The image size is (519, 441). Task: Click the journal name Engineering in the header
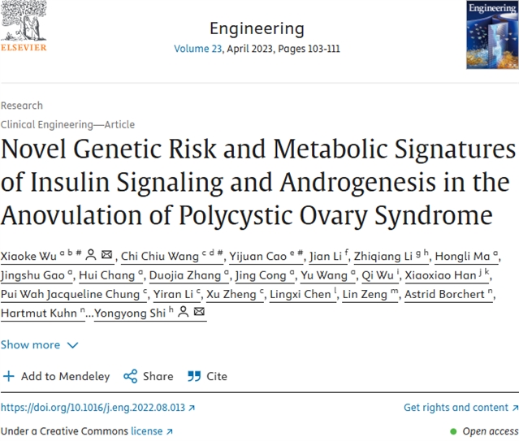coord(257,28)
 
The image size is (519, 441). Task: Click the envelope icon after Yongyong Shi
coord(200,313)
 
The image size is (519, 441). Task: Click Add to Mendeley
coord(56,376)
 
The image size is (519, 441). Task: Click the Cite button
coord(207,376)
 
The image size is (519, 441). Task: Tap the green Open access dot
coord(454,431)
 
